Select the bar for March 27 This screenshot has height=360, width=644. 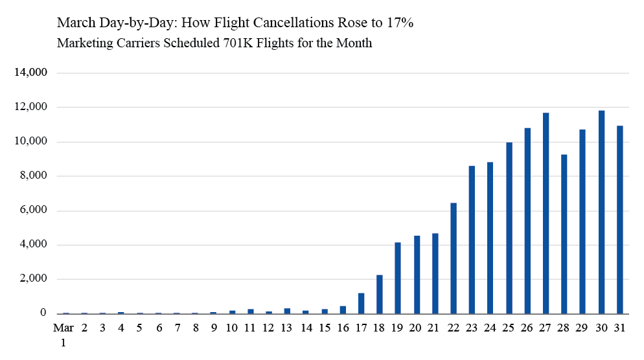pyautogui.click(x=546, y=213)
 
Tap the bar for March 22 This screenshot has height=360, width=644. pyautogui.click(x=454, y=258)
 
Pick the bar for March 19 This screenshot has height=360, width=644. pyautogui.click(x=398, y=278)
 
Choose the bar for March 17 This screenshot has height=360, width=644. pyautogui.click(x=361, y=304)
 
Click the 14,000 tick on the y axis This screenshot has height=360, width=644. pyautogui.click(x=31, y=73)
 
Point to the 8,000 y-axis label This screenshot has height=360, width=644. pyautogui.click(x=34, y=176)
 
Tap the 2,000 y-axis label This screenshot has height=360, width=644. pyautogui.click(x=34, y=279)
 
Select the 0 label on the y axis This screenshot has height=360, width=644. pyautogui.click(x=43, y=313)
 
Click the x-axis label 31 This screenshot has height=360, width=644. pyautogui.click(x=620, y=328)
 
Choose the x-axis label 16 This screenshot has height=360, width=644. pyautogui.click(x=343, y=328)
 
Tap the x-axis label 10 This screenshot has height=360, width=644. pyautogui.click(x=232, y=328)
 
